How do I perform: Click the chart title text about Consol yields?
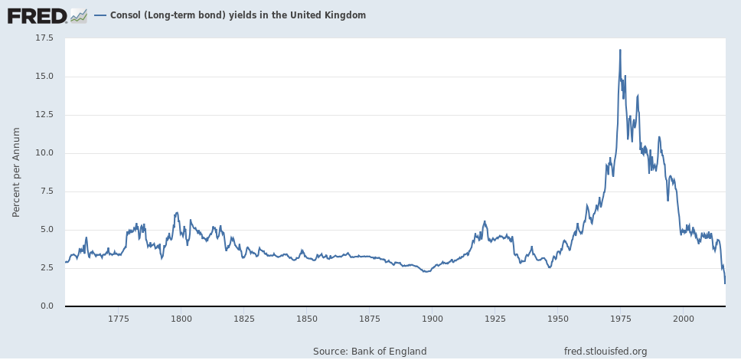[x=238, y=15]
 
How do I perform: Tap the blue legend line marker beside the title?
[x=100, y=15]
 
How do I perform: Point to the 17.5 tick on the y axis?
[x=45, y=38]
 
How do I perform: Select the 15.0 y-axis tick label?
[x=45, y=77]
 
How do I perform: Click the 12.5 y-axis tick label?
[x=45, y=115]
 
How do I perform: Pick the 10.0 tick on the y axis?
[x=45, y=153]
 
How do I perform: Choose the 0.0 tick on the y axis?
[x=47, y=306]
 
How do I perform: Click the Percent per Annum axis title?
[x=16, y=172]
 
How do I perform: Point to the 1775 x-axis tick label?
[x=118, y=318]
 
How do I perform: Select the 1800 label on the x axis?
[x=181, y=318]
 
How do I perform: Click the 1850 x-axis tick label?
[x=306, y=318]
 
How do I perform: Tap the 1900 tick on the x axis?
[x=432, y=318]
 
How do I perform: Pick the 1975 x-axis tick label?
[x=620, y=318]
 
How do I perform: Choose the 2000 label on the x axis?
[x=683, y=318]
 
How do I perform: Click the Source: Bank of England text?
[x=370, y=351]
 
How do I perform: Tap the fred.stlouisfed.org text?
[x=606, y=351]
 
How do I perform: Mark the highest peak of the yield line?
[x=620, y=50]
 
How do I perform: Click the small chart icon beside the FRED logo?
[x=79, y=15]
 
